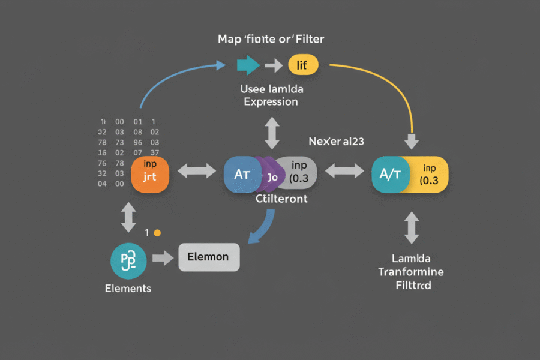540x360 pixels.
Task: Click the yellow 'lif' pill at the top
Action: click(x=303, y=64)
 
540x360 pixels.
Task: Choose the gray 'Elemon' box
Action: click(x=208, y=257)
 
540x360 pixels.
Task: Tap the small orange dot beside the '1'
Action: click(x=157, y=232)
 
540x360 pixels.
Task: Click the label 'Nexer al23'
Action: click(x=337, y=142)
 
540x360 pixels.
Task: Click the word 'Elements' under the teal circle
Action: click(x=128, y=288)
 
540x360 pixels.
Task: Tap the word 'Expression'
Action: click(x=271, y=101)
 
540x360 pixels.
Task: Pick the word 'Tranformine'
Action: click(x=411, y=272)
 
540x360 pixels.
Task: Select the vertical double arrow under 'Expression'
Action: click(x=272, y=133)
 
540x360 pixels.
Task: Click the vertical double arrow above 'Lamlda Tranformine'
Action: click(x=411, y=227)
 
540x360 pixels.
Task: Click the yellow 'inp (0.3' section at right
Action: click(x=429, y=174)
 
